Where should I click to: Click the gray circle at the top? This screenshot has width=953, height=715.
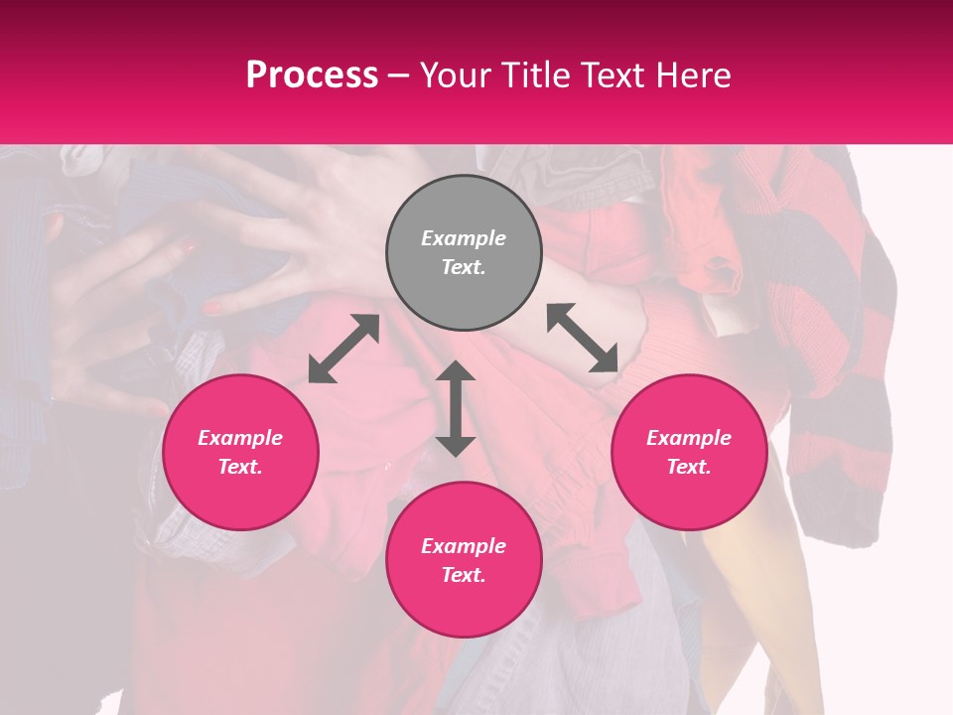click(x=464, y=252)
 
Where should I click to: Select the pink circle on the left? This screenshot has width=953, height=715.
click(x=240, y=452)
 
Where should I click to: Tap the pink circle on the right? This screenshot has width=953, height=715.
click(x=689, y=452)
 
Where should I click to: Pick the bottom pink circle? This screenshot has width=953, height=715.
click(x=464, y=559)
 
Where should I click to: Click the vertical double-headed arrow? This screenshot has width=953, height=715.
click(x=456, y=408)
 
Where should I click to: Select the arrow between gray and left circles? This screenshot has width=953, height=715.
click(x=343, y=349)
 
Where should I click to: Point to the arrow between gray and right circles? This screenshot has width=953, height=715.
click(x=583, y=338)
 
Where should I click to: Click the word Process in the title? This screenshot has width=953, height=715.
click(x=312, y=75)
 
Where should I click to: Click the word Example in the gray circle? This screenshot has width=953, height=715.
click(x=464, y=238)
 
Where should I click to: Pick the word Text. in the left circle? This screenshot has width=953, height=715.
click(x=240, y=467)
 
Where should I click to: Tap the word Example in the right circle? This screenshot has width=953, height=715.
click(x=689, y=438)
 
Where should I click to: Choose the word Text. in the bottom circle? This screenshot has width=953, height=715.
click(x=464, y=575)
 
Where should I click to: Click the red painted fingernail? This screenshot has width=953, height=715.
click(x=212, y=308)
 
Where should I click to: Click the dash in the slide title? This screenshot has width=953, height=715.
click(x=399, y=75)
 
